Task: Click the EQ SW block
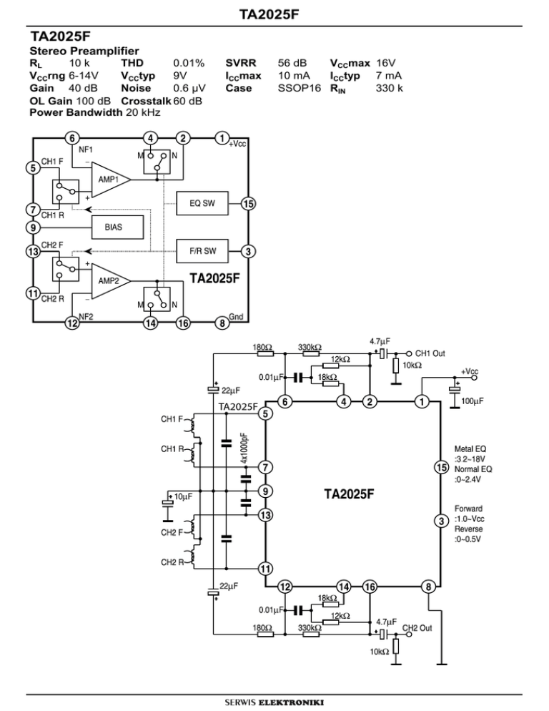[x=202, y=204]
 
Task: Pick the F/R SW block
[x=202, y=251]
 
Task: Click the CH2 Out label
[x=419, y=628]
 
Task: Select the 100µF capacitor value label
[x=473, y=402]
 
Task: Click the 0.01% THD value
[x=189, y=62]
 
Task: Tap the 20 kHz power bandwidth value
[x=142, y=113]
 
